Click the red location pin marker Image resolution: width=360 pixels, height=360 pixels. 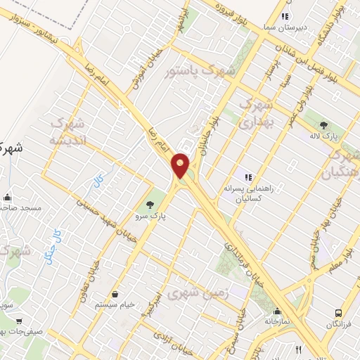point(181,166)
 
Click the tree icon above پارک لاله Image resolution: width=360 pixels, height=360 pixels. point(323,124)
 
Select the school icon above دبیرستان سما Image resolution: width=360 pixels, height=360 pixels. point(284,15)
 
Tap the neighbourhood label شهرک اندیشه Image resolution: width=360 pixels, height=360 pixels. point(68,131)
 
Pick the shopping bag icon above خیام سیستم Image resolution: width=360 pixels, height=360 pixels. point(115,294)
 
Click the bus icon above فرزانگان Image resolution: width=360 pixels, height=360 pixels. point(339,311)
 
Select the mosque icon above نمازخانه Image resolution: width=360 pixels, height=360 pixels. point(278,311)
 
